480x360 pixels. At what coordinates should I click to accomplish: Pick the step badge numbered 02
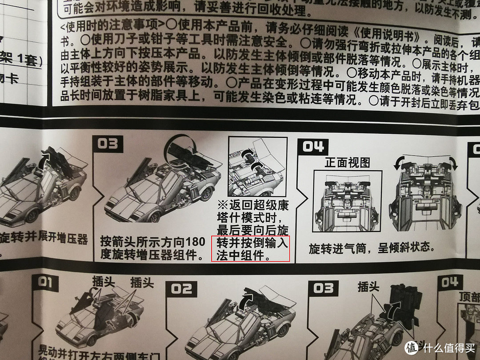coord(182,289)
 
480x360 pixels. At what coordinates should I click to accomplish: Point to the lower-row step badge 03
coord(323,288)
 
